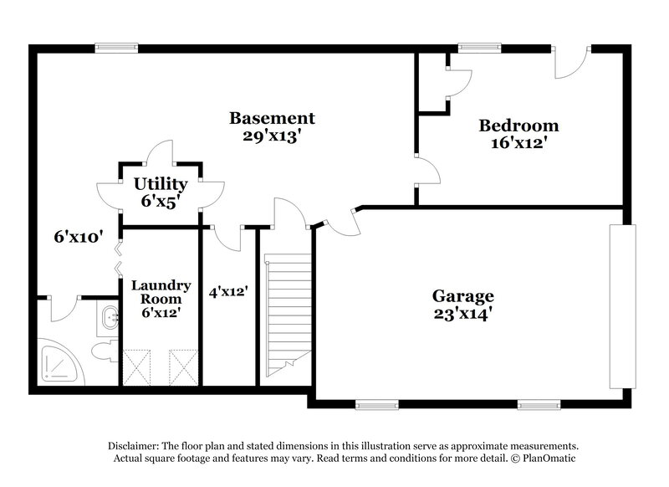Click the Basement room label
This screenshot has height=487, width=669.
(273, 118)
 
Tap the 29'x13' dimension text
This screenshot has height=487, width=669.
(273, 136)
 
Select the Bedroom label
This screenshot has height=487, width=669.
(518, 126)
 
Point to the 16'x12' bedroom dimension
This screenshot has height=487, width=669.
(518, 142)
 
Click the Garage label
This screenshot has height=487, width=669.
(462, 296)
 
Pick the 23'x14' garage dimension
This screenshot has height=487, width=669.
(462, 314)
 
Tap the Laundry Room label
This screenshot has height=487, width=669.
(161, 292)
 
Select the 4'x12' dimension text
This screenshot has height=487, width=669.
(227, 292)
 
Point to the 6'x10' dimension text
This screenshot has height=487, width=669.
(79, 237)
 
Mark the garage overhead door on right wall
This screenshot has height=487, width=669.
(621, 306)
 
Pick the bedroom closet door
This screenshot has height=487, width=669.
(458, 82)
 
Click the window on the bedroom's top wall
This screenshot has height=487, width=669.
(479, 49)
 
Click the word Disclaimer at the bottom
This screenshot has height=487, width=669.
(134, 446)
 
